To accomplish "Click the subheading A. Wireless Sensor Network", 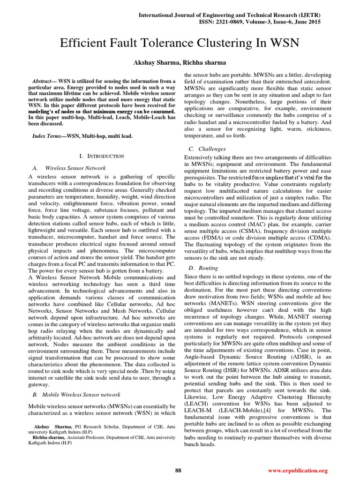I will (70, 168).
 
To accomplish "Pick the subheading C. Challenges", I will (203, 149).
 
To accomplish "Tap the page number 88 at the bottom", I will (178, 470).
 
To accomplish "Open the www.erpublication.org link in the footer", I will (298, 471).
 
